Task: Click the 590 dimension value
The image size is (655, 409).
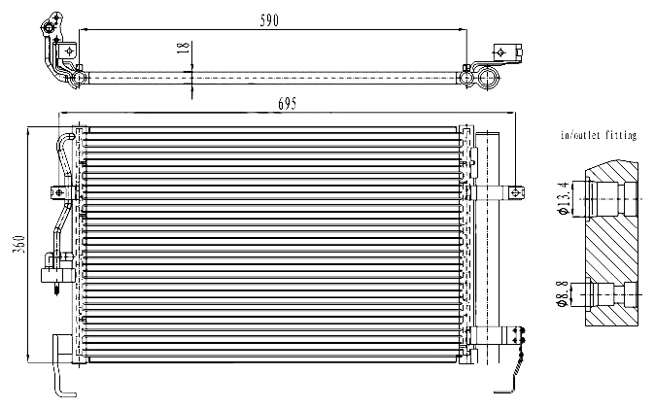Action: click(x=269, y=20)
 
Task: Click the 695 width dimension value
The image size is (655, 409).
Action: click(x=288, y=104)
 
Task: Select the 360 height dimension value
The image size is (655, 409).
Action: click(x=19, y=245)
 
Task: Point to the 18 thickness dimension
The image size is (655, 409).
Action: click(x=184, y=46)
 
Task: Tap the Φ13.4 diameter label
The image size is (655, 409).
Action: click(x=563, y=198)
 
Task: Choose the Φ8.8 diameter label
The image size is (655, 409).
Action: click(x=563, y=293)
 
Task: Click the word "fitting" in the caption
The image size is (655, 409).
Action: click(x=620, y=135)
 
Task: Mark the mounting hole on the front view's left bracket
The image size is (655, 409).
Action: click(x=59, y=192)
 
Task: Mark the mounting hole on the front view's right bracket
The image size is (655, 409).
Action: click(x=515, y=192)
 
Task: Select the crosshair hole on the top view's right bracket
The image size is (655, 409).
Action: click(x=500, y=53)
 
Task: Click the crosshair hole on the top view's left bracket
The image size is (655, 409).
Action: click(x=69, y=51)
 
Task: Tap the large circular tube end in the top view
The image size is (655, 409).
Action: click(x=488, y=78)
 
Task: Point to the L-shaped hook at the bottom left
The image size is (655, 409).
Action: click(x=57, y=367)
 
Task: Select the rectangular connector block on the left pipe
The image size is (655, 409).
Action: click(x=57, y=275)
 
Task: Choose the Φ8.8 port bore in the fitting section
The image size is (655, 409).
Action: click(x=603, y=294)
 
